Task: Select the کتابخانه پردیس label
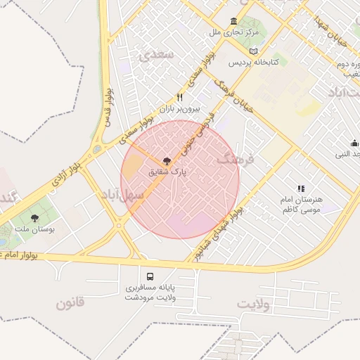pyautogui.click(x=254, y=63)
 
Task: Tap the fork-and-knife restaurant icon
pyautogui.click(x=180, y=98)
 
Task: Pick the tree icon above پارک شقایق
pyautogui.click(x=166, y=160)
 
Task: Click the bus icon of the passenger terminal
pyautogui.click(x=150, y=276)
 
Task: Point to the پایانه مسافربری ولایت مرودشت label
pyautogui.click(x=149, y=292)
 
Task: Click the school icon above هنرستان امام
pyautogui.click(x=301, y=188)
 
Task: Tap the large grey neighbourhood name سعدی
pyautogui.click(x=156, y=54)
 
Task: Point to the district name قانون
pyautogui.click(x=70, y=304)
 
